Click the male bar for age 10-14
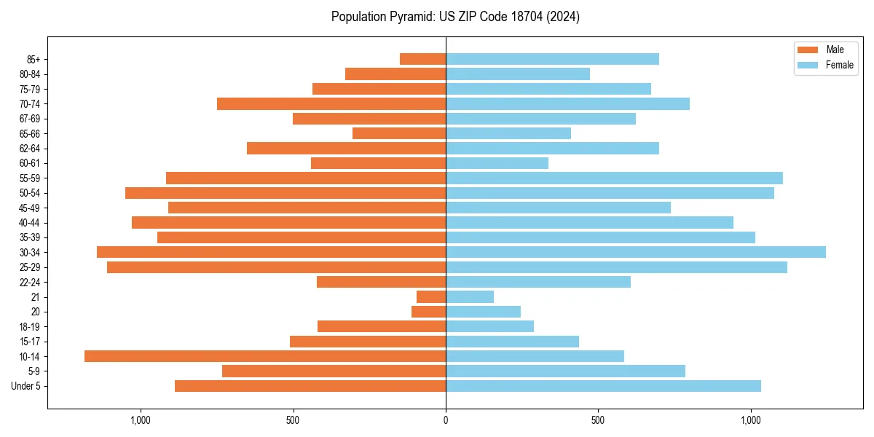coord(265,356)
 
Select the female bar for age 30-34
coord(636,252)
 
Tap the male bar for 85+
coord(422,59)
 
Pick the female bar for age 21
coord(470,296)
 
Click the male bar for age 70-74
coord(331,103)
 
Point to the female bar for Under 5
coord(603,386)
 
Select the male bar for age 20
coord(428,312)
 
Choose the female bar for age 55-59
coord(614,178)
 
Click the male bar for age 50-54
coord(286,193)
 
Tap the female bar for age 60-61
coord(497,163)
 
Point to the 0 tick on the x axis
coord(446,420)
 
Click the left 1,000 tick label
coord(140,420)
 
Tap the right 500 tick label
coord(598,420)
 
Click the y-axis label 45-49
coord(30,208)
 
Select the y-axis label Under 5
coord(26,386)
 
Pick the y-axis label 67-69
coord(30,119)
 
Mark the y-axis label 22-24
coord(30,282)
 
